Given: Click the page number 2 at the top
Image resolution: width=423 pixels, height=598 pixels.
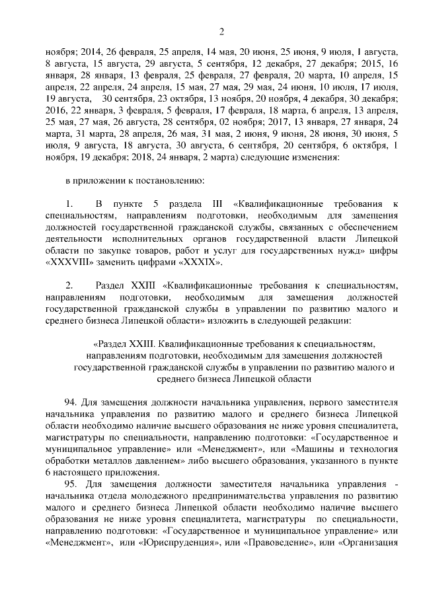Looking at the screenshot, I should coord(222,31).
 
